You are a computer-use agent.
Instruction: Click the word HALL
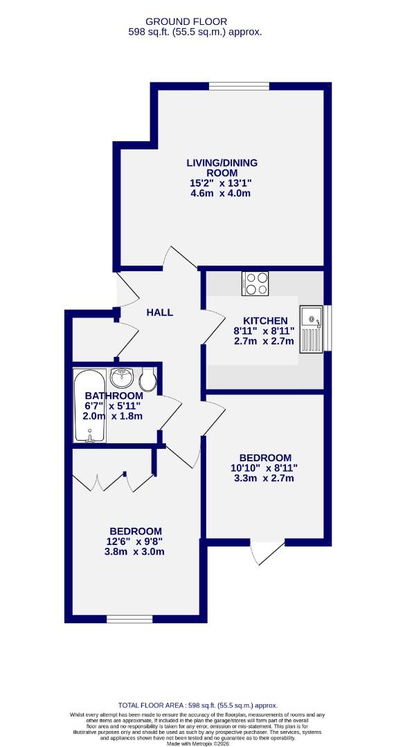159,313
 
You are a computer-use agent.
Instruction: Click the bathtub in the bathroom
89,406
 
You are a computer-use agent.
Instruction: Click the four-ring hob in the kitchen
255,284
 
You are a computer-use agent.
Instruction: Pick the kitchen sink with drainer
311,329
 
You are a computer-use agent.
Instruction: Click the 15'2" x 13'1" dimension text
221,183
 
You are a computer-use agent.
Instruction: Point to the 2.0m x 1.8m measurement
113,416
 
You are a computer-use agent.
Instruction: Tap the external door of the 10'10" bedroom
267,551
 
